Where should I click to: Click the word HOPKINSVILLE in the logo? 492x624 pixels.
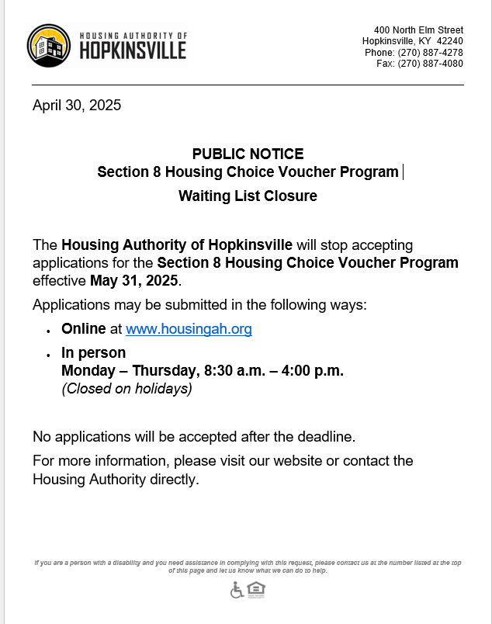pyautogui.click(x=133, y=51)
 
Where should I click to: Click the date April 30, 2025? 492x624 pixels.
pyautogui.click(x=77, y=106)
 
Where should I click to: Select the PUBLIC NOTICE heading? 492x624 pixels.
pyautogui.click(x=248, y=154)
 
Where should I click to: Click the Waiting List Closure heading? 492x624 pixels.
pyautogui.click(x=248, y=196)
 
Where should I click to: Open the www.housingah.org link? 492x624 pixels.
pyautogui.click(x=189, y=329)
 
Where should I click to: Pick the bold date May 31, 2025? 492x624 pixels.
pyautogui.click(x=134, y=280)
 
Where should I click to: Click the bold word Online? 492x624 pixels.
pyautogui.click(x=83, y=329)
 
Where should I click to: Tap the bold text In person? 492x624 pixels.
pyautogui.click(x=93, y=353)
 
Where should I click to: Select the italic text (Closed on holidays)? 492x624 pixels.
pyautogui.click(x=126, y=389)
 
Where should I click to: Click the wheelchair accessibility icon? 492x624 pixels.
pyautogui.click(x=237, y=591)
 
